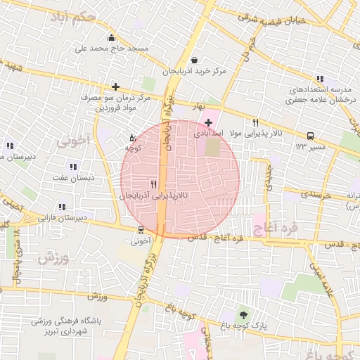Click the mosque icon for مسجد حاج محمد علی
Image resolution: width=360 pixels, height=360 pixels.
[111, 38]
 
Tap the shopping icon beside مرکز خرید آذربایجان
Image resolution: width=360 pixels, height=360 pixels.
[194, 60]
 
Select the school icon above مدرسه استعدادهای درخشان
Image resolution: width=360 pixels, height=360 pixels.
[320, 79]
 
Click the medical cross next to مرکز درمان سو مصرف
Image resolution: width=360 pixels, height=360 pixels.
[115, 87]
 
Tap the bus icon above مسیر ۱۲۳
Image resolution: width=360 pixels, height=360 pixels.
[310, 136]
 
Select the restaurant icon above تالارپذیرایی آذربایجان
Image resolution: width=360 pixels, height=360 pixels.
[153, 184]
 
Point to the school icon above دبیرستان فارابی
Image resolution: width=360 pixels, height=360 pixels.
[62, 207]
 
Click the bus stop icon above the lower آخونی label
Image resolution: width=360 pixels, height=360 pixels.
[141, 229]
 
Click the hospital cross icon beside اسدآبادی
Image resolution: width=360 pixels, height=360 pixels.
[208, 122]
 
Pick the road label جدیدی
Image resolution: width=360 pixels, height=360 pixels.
[268, 178]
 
